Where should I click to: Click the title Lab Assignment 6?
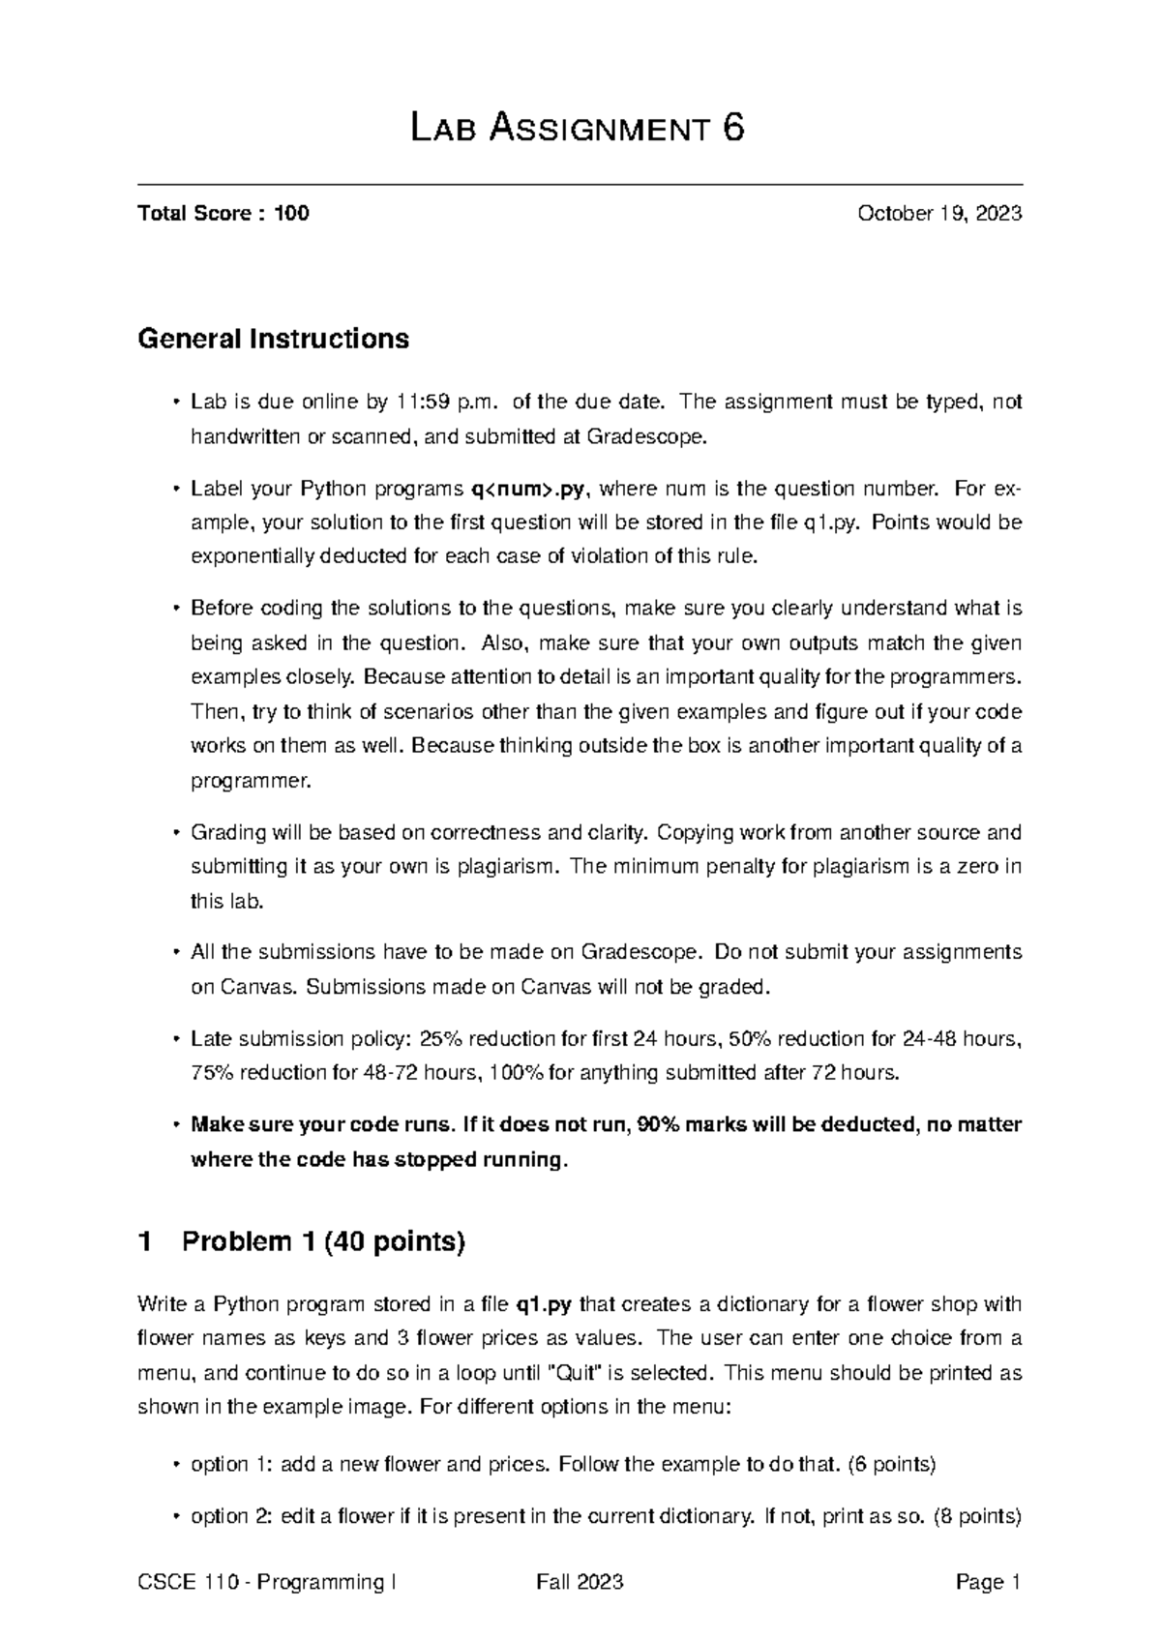click(x=578, y=129)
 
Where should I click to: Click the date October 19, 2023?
click(x=939, y=214)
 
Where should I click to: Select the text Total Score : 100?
click(x=223, y=214)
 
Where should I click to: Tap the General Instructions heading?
click(x=274, y=339)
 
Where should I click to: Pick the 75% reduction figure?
click(x=212, y=1073)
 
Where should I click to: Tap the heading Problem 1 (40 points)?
click(x=323, y=1241)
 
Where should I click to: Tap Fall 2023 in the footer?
click(x=580, y=1583)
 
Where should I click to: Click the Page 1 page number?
click(x=988, y=1583)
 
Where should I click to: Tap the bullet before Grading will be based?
click(x=175, y=833)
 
